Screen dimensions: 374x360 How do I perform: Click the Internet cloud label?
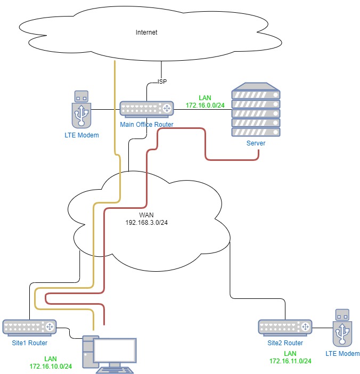tap(146, 32)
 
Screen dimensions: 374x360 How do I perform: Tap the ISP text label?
tap(162, 82)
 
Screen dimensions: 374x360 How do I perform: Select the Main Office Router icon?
tap(147, 109)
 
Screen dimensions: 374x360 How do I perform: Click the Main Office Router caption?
tap(147, 124)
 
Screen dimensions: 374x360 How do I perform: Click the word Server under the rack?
tap(256, 143)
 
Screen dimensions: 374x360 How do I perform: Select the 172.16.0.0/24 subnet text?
tap(205, 106)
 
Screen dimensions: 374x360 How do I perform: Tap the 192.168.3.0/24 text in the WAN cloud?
tap(146, 222)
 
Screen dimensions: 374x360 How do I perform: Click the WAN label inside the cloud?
tap(146, 215)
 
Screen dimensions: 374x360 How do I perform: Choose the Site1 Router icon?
tap(29, 327)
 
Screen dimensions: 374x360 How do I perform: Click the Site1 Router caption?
tap(29, 343)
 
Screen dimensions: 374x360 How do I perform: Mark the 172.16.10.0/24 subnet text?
tap(51, 366)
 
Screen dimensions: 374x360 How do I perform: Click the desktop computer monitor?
tap(116, 349)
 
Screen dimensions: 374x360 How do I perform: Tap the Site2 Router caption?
tap(285, 343)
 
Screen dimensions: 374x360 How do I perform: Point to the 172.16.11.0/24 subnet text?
tap(290, 361)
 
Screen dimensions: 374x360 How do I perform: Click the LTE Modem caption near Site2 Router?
tap(342, 353)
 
